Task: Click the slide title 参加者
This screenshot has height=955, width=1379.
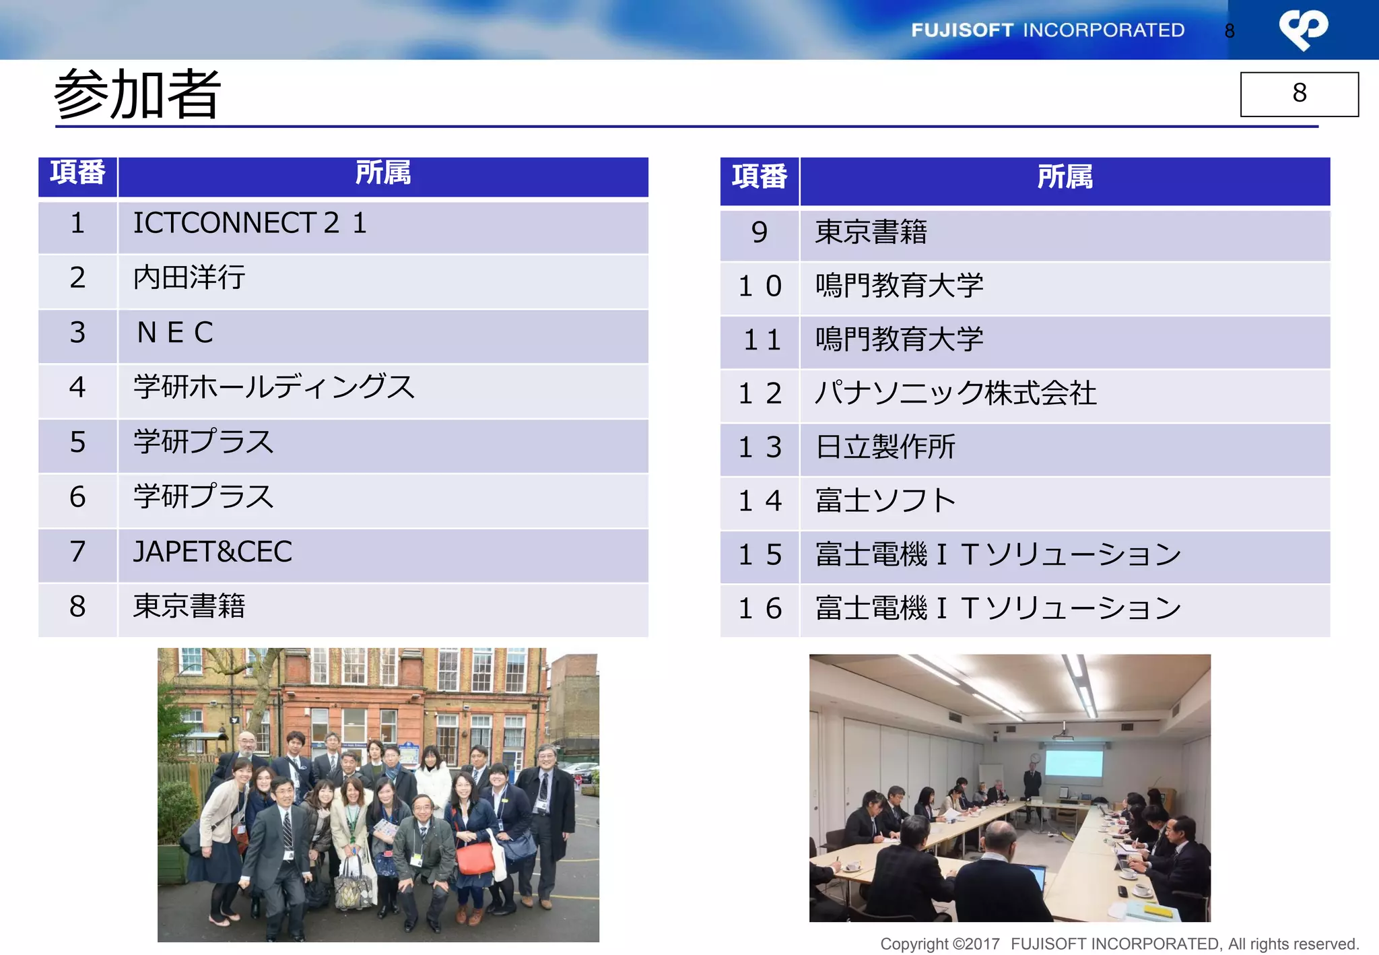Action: (137, 94)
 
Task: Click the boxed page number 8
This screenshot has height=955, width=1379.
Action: (1299, 94)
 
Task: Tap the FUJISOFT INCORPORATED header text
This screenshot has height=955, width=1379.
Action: (1048, 30)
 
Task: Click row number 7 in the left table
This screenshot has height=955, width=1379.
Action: (77, 552)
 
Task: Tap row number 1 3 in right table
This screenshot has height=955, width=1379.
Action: (760, 447)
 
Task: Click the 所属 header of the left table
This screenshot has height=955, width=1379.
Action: (383, 174)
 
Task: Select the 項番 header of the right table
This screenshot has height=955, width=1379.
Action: (760, 177)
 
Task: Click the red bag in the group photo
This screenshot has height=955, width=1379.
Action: (475, 858)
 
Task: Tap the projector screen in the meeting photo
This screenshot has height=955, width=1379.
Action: (1073, 764)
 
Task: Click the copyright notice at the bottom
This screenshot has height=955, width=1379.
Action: (1119, 944)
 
